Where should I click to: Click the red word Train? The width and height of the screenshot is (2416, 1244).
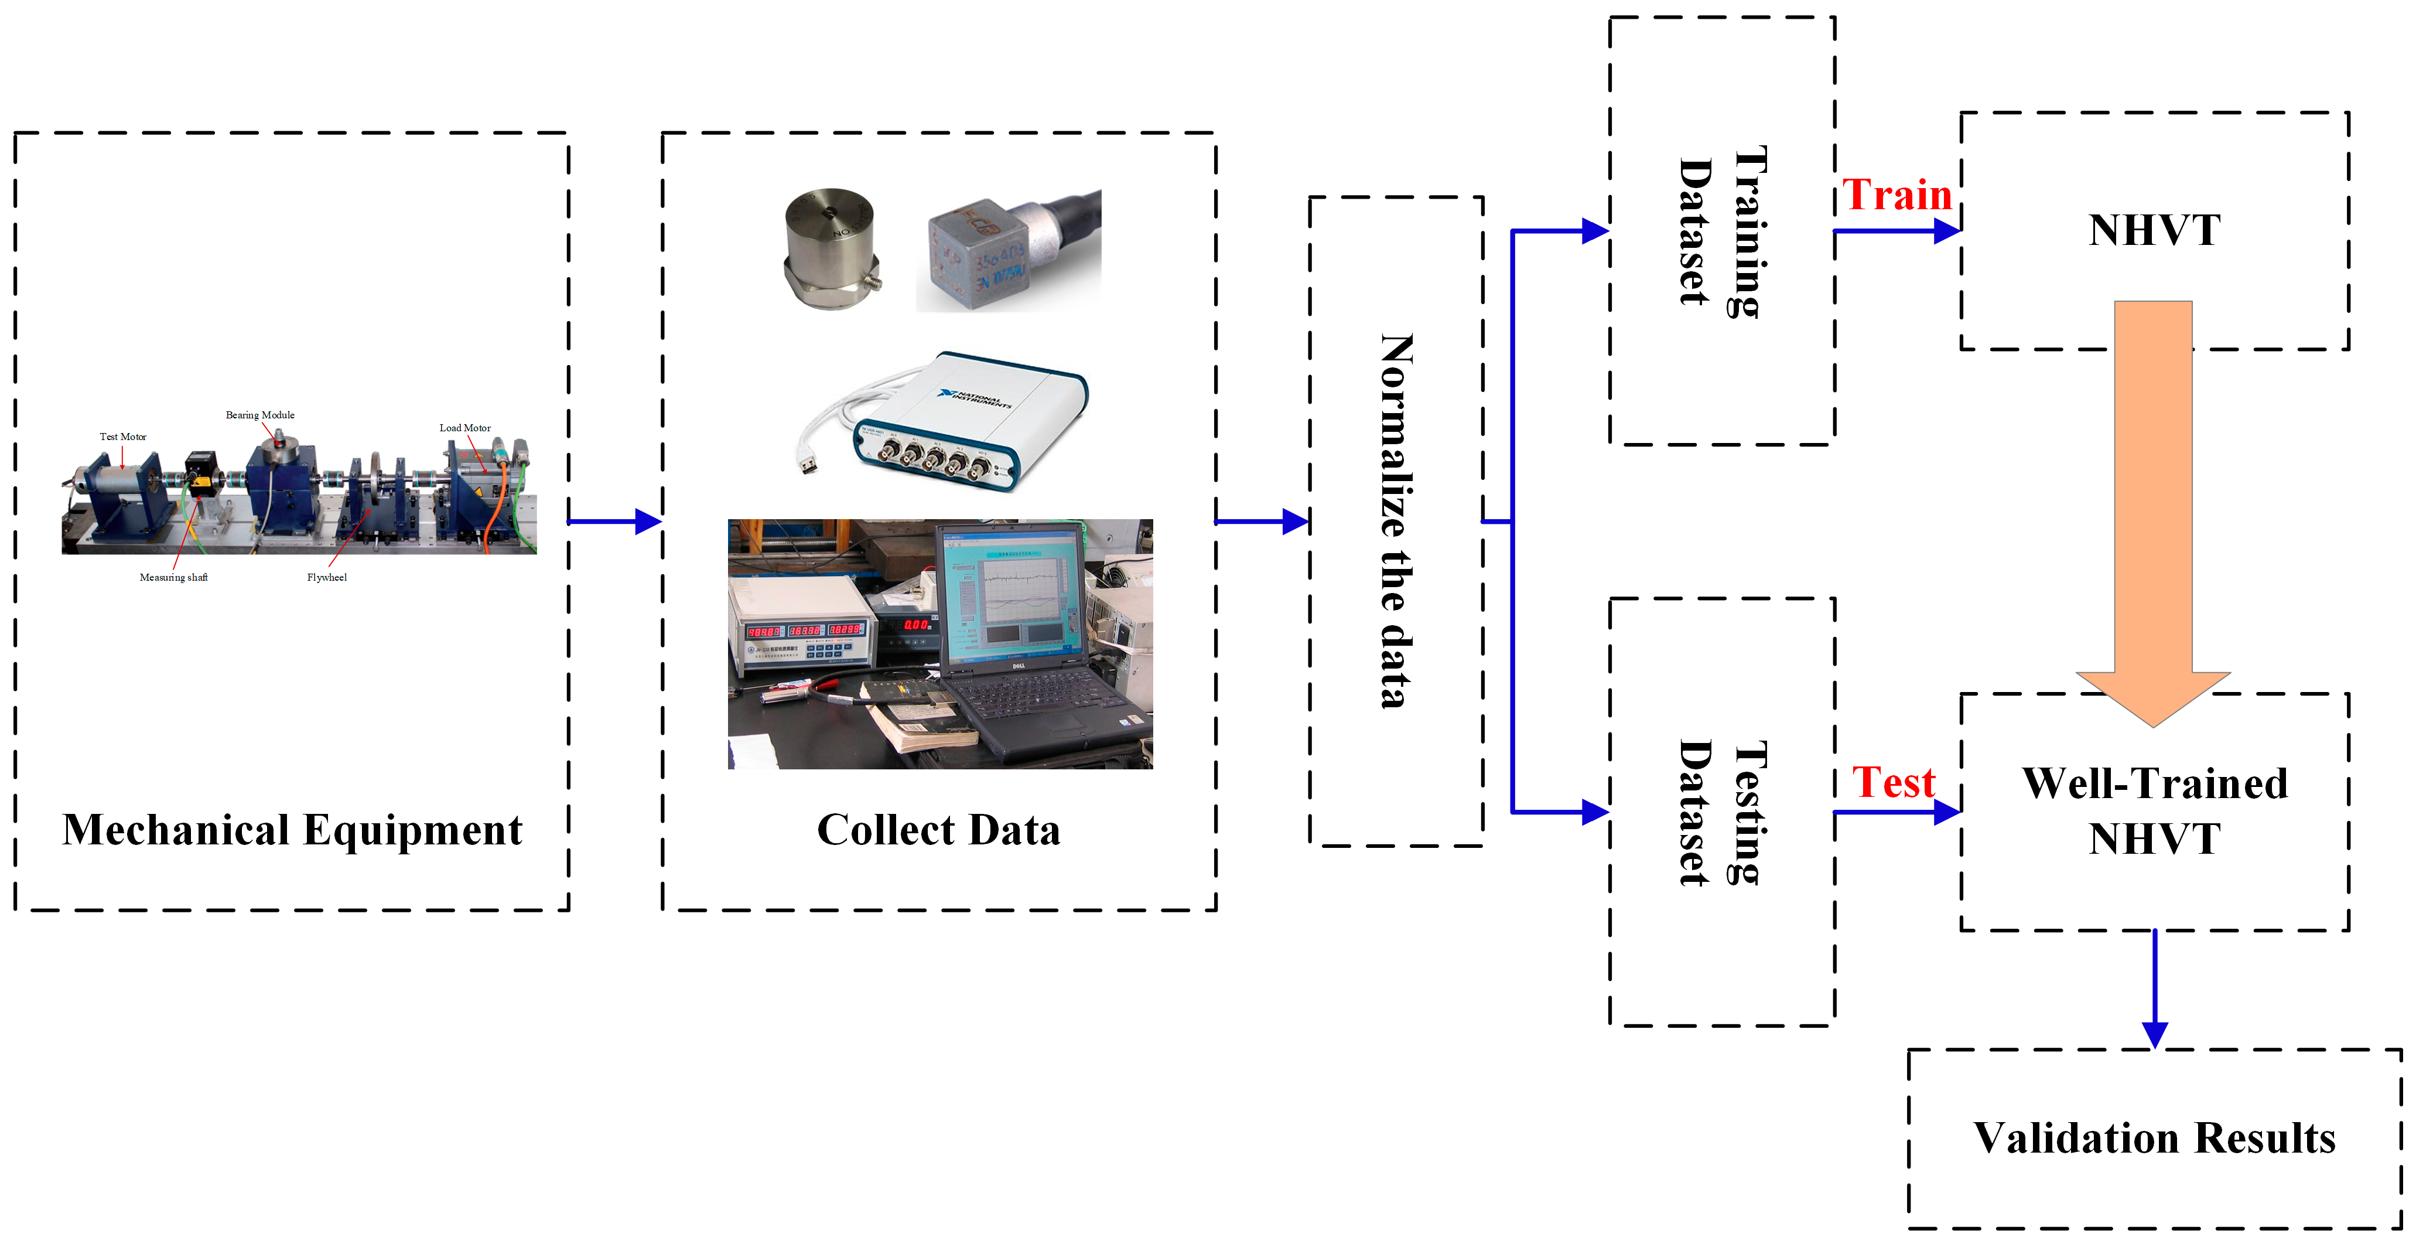coord(1896,195)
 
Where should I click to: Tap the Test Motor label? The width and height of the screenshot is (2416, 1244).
coord(123,436)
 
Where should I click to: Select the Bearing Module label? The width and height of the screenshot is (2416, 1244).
coord(260,415)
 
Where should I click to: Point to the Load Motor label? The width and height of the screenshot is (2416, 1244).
coord(465,428)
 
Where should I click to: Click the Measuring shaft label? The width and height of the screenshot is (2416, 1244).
coord(173,577)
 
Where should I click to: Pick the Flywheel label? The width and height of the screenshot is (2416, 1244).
coord(326,577)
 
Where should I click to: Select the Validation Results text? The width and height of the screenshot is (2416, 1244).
coord(2154,1138)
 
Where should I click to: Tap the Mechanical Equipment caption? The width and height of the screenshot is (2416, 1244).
coord(292,830)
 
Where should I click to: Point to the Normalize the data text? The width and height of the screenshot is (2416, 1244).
coord(1396,521)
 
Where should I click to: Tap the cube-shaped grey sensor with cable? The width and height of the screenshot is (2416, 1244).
coord(980,253)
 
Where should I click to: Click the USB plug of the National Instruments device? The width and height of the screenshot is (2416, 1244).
coord(806,462)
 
